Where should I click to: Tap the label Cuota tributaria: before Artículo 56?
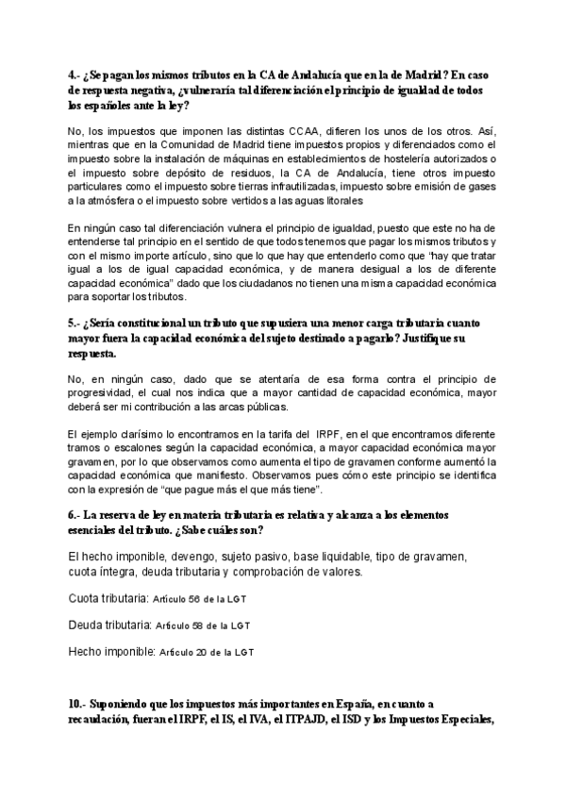(108, 598)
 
